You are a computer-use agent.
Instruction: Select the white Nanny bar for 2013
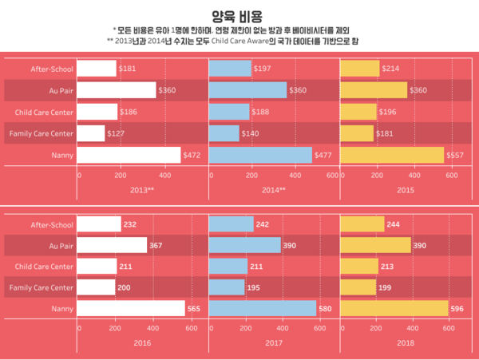click(x=129, y=154)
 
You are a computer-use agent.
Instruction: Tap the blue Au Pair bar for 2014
click(x=247, y=90)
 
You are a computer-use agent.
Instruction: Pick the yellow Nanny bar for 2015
click(x=391, y=154)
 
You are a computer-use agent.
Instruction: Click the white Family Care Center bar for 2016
click(x=97, y=287)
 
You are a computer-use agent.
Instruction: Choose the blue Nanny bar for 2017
click(x=261, y=307)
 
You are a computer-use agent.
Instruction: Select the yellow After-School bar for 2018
click(x=362, y=225)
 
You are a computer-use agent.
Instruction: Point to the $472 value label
click(x=192, y=154)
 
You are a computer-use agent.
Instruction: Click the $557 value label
click(x=454, y=154)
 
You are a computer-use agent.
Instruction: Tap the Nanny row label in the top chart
click(x=62, y=154)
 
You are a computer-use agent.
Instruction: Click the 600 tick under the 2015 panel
click(x=451, y=175)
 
